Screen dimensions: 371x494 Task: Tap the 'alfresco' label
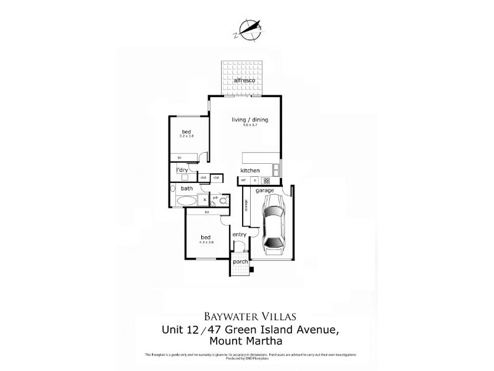click(244, 82)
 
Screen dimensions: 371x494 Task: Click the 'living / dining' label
click(249, 120)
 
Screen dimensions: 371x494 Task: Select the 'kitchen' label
click(249, 171)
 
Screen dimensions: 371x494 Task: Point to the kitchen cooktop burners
click(266, 181)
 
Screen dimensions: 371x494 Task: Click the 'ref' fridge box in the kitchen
click(244, 181)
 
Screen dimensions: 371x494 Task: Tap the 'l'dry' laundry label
click(182, 170)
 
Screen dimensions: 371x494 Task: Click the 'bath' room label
click(187, 188)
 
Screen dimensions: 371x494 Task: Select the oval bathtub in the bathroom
click(185, 201)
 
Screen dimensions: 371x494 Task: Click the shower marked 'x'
click(204, 200)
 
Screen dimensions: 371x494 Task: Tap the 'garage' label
click(265, 191)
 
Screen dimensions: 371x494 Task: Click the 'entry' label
click(239, 234)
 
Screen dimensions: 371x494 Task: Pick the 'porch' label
click(240, 262)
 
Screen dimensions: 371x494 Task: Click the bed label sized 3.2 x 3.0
click(186, 132)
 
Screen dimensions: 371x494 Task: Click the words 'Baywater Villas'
click(246, 315)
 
